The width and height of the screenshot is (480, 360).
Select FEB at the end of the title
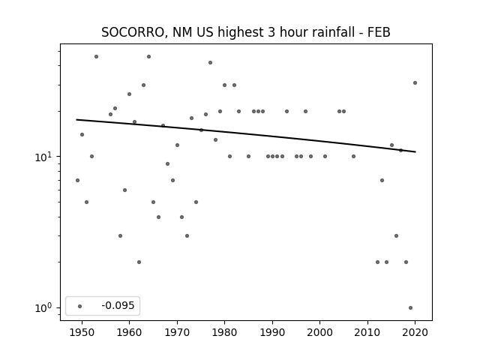379,32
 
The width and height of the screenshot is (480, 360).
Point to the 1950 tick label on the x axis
82,332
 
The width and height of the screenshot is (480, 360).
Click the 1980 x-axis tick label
224,332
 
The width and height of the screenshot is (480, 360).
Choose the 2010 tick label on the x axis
367,332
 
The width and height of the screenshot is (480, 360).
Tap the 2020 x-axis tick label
415,332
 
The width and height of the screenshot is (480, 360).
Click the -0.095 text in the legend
118,305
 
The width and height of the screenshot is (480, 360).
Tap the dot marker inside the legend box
80,306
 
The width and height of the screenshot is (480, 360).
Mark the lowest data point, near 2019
410,307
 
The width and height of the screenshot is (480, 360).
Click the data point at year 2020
415,82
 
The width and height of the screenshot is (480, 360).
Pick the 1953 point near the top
96,57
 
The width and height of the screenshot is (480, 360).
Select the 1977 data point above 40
210,62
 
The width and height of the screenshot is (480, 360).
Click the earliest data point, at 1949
77,180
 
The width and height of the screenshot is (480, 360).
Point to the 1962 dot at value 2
139,262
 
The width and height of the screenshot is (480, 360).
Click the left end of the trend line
76,119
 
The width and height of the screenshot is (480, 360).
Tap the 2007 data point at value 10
353,157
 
